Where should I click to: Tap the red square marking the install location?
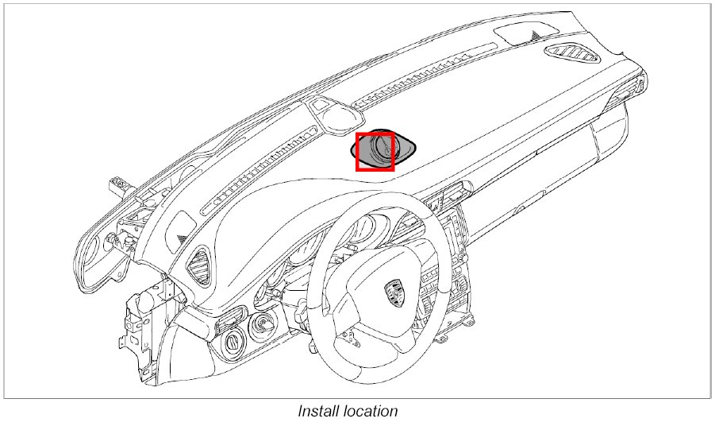375,151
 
